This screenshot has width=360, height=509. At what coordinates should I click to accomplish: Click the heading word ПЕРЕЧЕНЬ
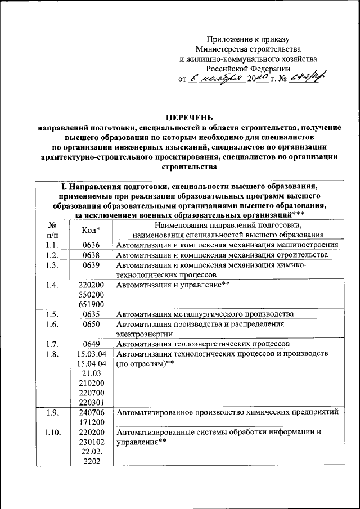(188, 118)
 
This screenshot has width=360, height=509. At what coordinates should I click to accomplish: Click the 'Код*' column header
(91, 230)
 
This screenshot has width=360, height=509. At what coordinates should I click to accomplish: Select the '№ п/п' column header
(52, 230)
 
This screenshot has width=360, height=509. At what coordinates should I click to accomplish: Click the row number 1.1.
(52, 245)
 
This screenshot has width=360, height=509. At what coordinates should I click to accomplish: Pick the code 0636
(91, 245)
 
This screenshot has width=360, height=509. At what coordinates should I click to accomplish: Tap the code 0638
(91, 255)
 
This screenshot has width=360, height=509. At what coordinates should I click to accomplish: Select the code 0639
(91, 265)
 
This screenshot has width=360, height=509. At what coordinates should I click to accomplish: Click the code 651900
(91, 305)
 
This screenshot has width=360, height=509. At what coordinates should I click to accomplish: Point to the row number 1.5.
(52, 314)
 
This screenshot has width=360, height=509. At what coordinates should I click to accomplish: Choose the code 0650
(91, 325)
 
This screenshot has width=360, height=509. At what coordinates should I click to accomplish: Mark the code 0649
(91, 344)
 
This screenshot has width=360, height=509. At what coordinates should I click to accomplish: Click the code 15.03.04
(91, 354)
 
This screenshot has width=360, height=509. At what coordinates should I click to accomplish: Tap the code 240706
(91, 413)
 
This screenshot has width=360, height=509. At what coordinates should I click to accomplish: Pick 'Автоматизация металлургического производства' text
(205, 314)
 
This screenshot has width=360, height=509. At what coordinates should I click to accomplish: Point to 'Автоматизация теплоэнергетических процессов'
(203, 344)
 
